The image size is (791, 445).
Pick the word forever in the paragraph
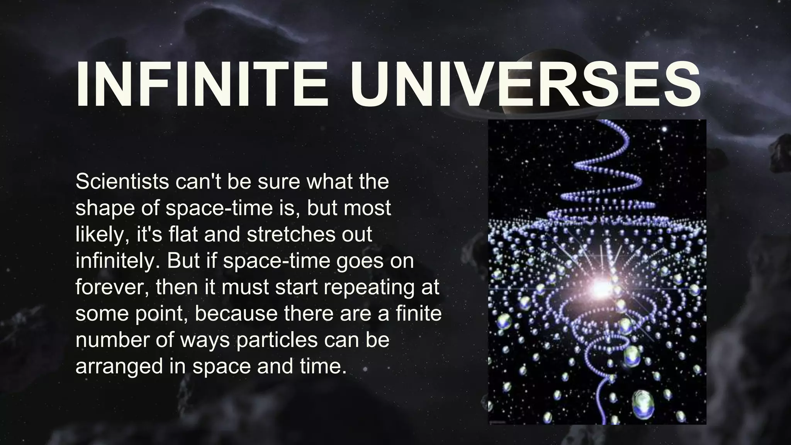[x=112, y=287]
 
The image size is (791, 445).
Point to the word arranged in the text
[x=119, y=366]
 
